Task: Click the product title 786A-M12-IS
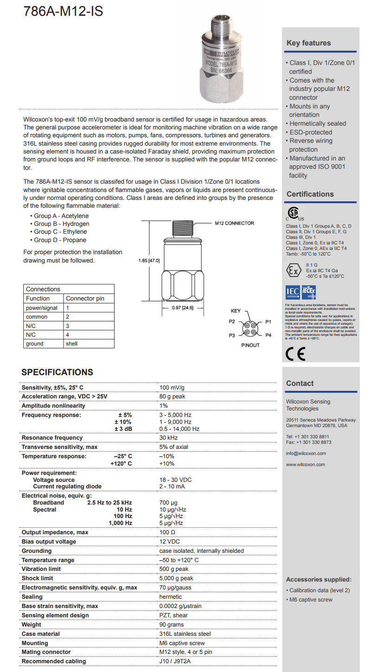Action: pos(64,11)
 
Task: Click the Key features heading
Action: pos(308,43)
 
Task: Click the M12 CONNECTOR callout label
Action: pos(234,223)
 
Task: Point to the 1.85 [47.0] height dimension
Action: pos(149,261)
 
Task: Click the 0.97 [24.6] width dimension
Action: pos(182,308)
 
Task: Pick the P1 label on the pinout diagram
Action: pos(268,321)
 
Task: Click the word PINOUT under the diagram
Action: pos(250,346)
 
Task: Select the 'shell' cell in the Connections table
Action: pos(71,344)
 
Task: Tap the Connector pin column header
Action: pos(85,298)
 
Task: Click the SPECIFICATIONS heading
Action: pos(58,372)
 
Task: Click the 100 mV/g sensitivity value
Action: pos(172,388)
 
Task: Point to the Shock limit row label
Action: pos(38,578)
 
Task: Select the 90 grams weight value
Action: pos(172,625)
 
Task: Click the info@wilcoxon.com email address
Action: pos(306,454)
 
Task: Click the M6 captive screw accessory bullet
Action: pos(310,600)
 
